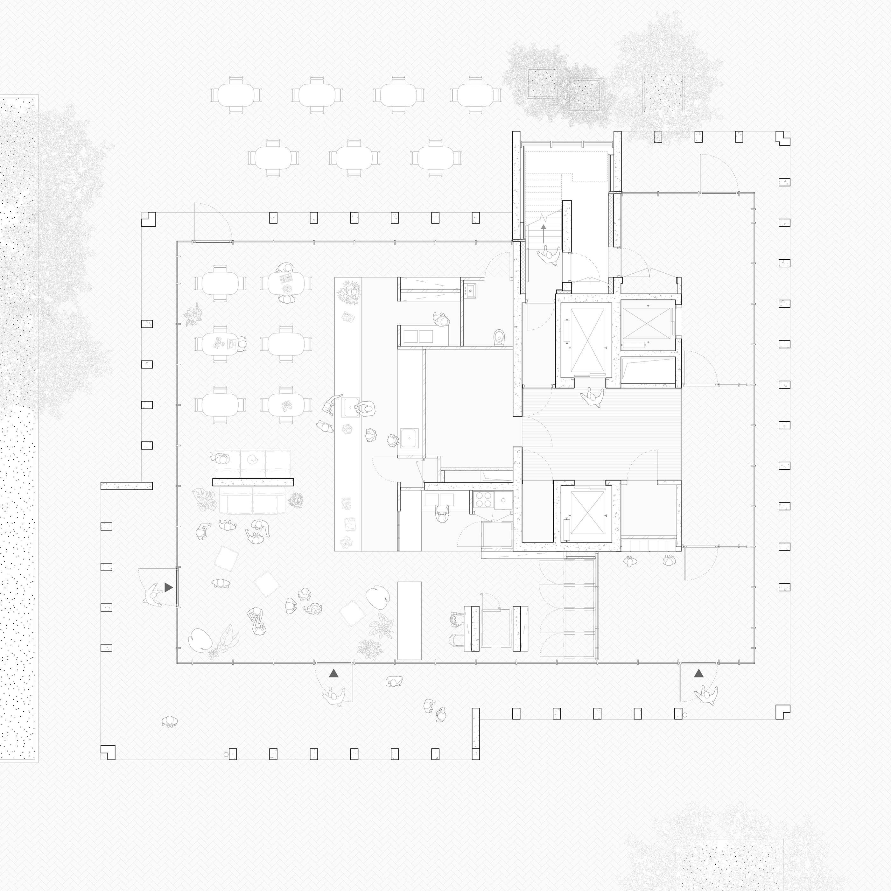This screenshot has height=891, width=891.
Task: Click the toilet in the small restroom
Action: coord(499,337)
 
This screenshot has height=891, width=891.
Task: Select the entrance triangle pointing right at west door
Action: coord(168,587)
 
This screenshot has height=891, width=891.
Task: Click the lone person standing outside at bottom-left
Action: coord(170,722)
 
